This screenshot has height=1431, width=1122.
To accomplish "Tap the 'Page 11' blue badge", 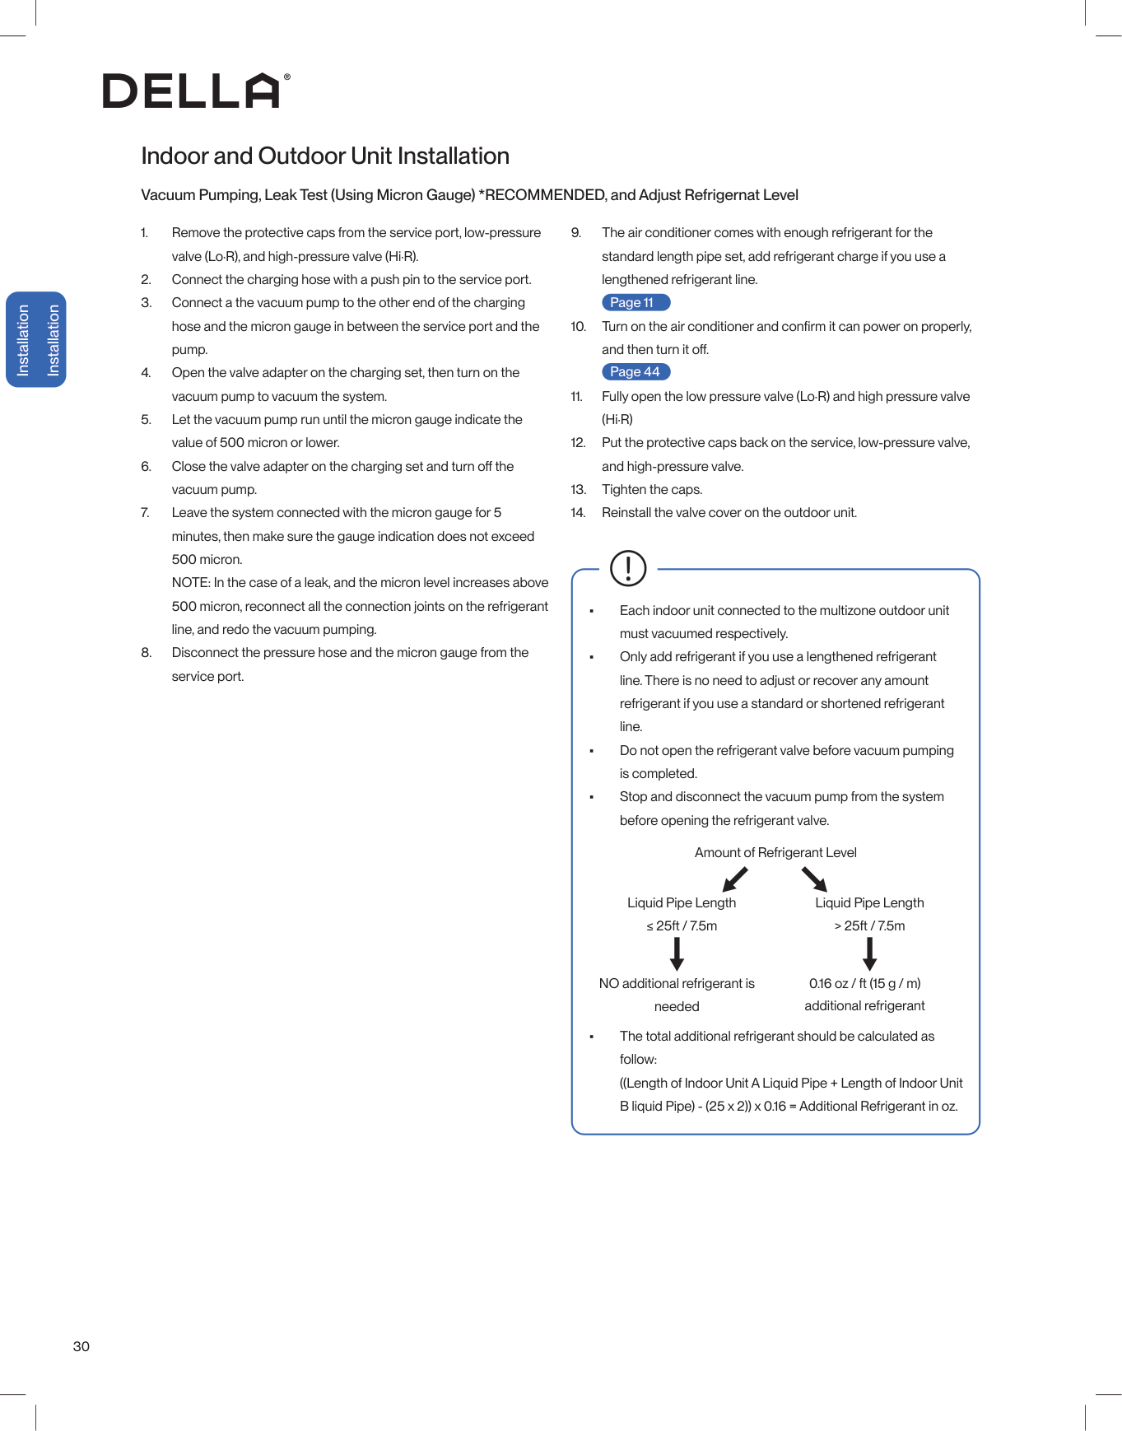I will tap(635, 303).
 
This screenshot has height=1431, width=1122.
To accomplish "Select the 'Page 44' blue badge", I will tap(635, 372).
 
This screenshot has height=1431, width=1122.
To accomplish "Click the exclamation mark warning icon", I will tap(628, 568).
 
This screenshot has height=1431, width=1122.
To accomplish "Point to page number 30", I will tap(81, 1346).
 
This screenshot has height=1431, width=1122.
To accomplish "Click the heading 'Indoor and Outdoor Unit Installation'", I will tap(325, 156).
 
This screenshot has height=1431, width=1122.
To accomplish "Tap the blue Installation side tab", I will tap(36, 339).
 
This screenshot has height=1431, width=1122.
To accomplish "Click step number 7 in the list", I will tap(145, 513).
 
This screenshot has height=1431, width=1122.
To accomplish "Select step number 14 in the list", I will tap(578, 513).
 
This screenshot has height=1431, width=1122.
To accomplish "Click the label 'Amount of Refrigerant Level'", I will tap(775, 853).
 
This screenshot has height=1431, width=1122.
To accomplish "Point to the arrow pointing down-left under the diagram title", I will tap(734, 879).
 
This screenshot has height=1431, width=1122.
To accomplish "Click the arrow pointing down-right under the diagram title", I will tap(814, 879).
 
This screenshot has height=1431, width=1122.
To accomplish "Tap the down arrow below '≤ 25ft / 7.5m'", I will tap(677, 953).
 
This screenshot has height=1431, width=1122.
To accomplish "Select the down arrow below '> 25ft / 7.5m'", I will tap(869, 953).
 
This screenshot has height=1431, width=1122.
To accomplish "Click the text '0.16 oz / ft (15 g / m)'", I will tap(864, 983).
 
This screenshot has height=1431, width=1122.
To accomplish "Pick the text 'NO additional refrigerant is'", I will tap(677, 983).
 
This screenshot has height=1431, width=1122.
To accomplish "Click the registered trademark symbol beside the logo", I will tap(286, 77).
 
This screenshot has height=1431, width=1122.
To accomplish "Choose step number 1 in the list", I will tap(144, 233).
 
